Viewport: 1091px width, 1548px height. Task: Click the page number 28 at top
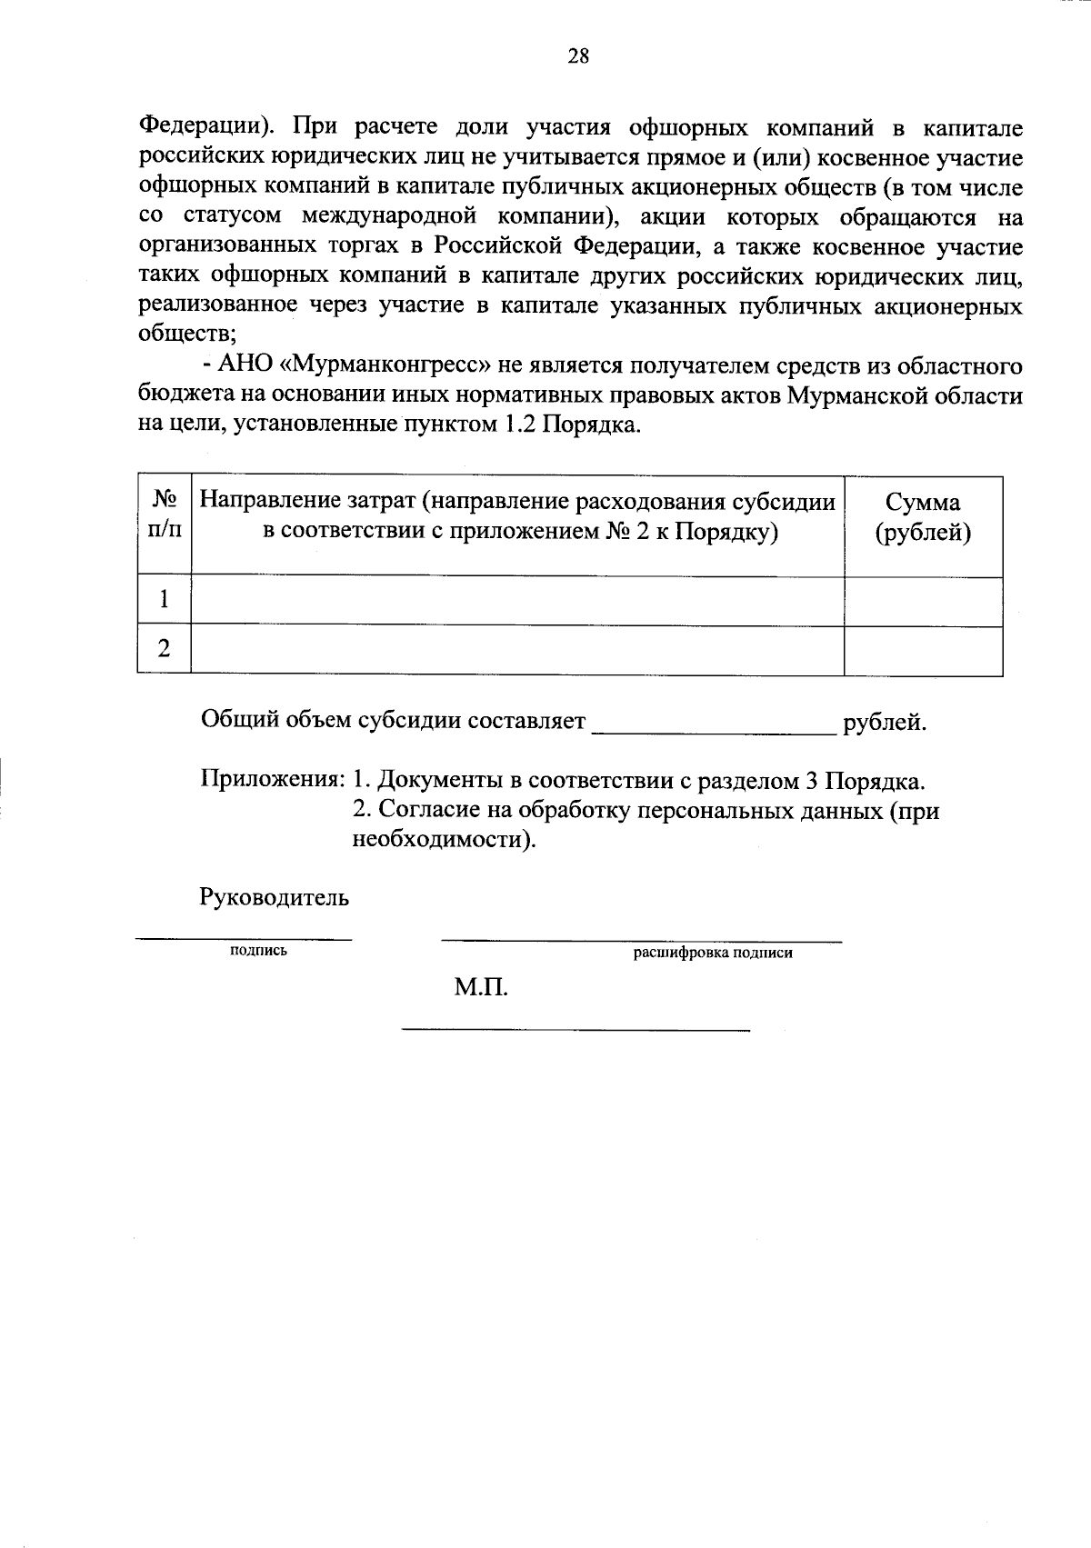pyautogui.click(x=578, y=57)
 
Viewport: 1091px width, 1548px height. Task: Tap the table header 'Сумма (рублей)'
pyautogui.click(x=923, y=518)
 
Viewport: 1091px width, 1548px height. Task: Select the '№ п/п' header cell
pyautogui.click(x=164, y=515)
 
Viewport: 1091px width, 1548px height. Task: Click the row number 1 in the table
pyautogui.click(x=164, y=600)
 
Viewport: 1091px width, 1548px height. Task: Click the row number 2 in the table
pyautogui.click(x=164, y=649)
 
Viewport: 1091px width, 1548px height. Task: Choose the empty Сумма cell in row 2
pyautogui.click(x=923, y=649)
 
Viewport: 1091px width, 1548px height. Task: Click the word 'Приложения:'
pyautogui.click(x=272, y=780)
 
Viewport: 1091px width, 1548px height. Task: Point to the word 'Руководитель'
pyautogui.click(x=274, y=898)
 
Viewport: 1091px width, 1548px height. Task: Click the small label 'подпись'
pyautogui.click(x=259, y=951)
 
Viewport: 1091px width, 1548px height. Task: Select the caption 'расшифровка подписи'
pyautogui.click(x=713, y=953)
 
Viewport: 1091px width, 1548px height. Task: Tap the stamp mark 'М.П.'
pyautogui.click(x=481, y=987)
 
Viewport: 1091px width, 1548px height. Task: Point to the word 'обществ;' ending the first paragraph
pyautogui.click(x=186, y=335)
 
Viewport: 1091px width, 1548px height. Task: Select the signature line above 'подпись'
pyautogui.click(x=244, y=937)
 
